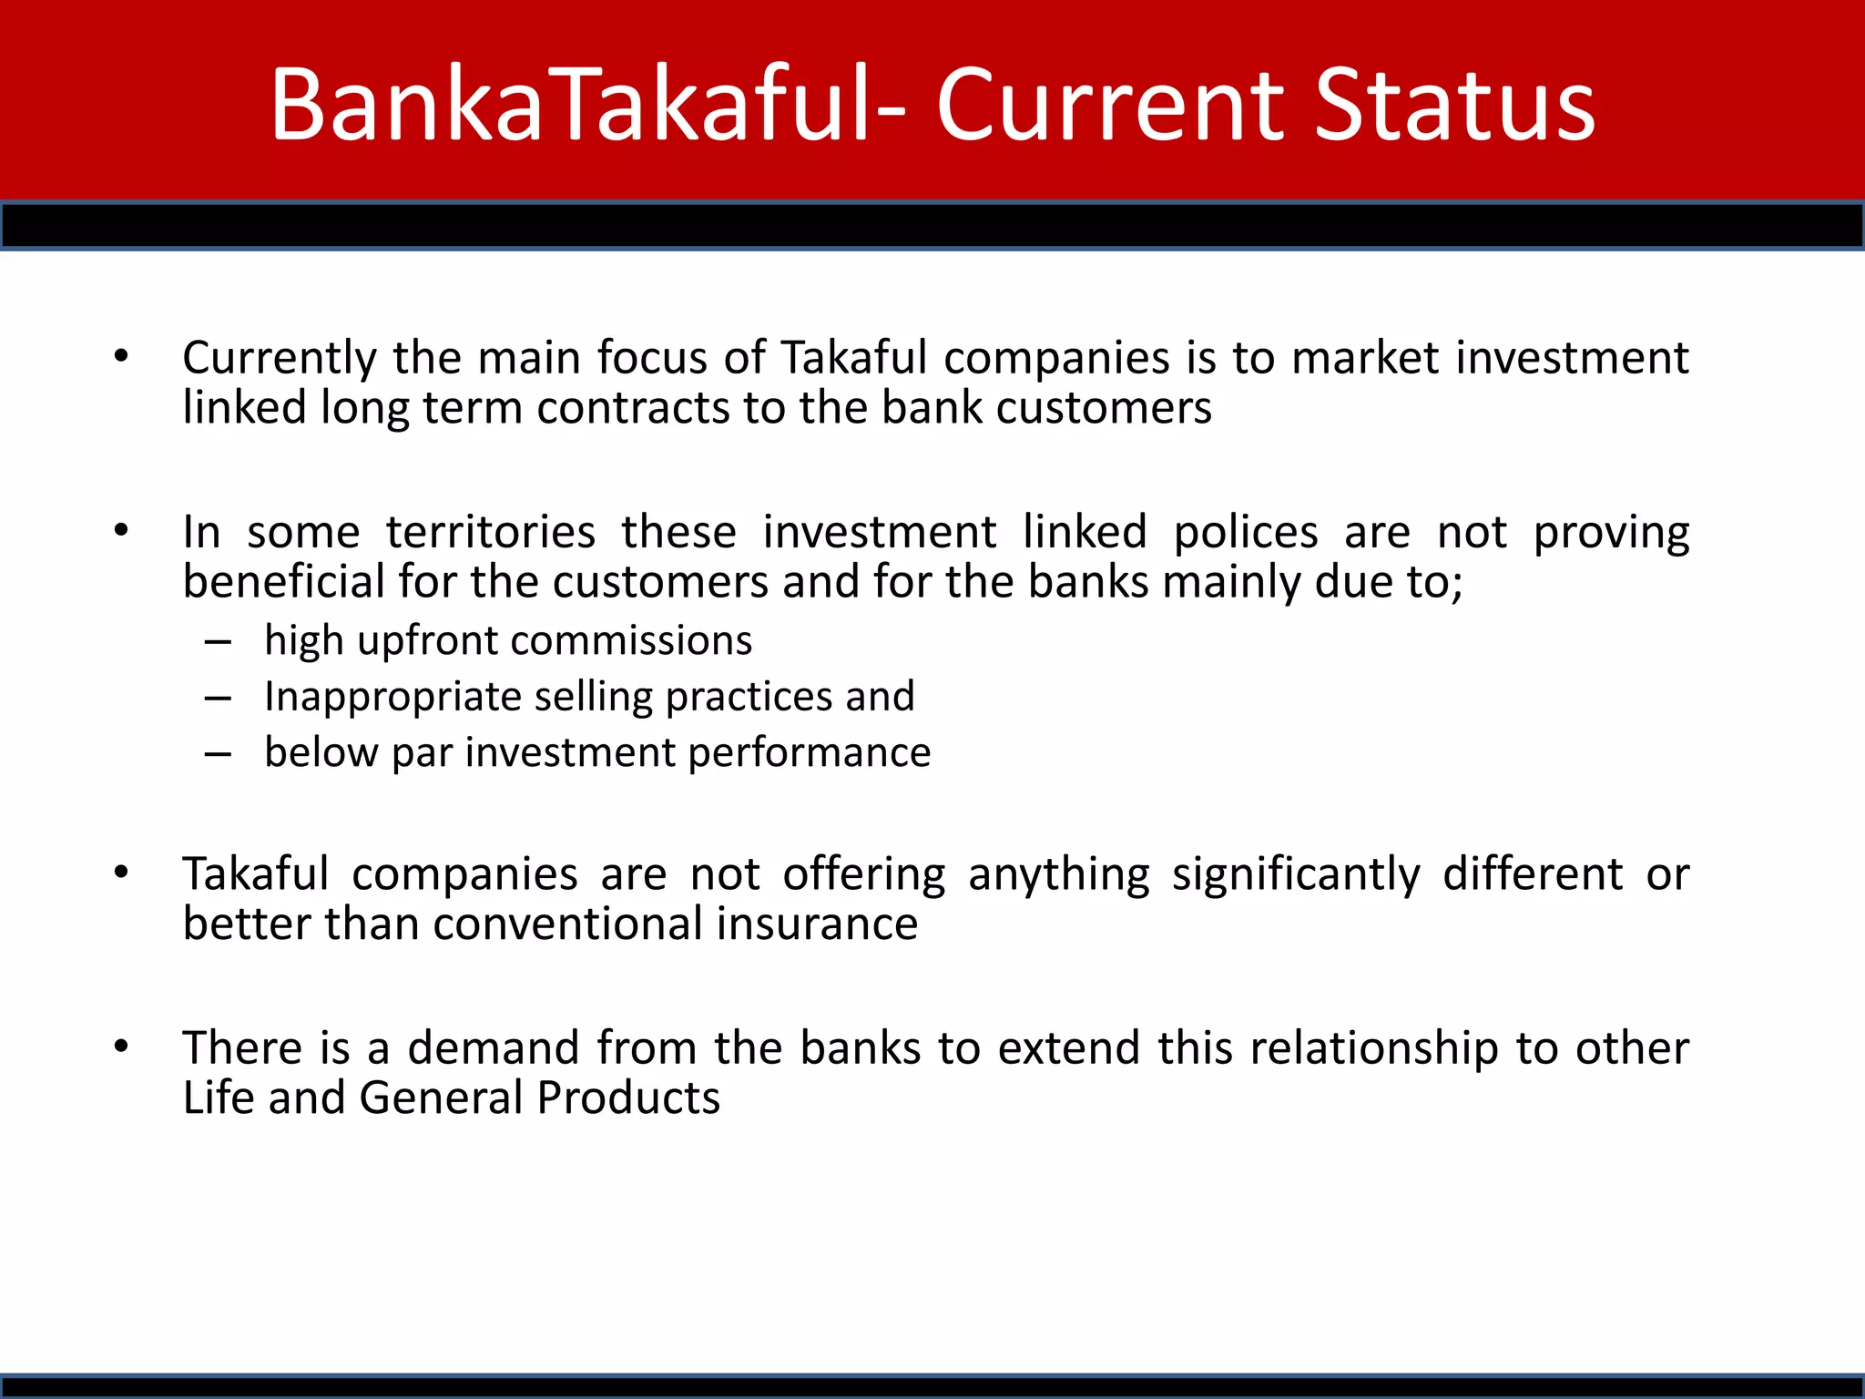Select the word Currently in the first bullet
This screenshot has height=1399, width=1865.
[280, 358]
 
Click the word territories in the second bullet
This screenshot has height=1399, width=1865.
[491, 532]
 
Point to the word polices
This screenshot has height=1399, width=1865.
[1245, 532]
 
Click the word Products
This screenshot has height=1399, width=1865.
[628, 1098]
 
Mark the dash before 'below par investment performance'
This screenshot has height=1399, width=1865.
[218, 754]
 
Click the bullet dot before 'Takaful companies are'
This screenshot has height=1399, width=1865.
[121, 873]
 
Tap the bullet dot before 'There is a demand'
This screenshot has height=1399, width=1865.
[121, 1047]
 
